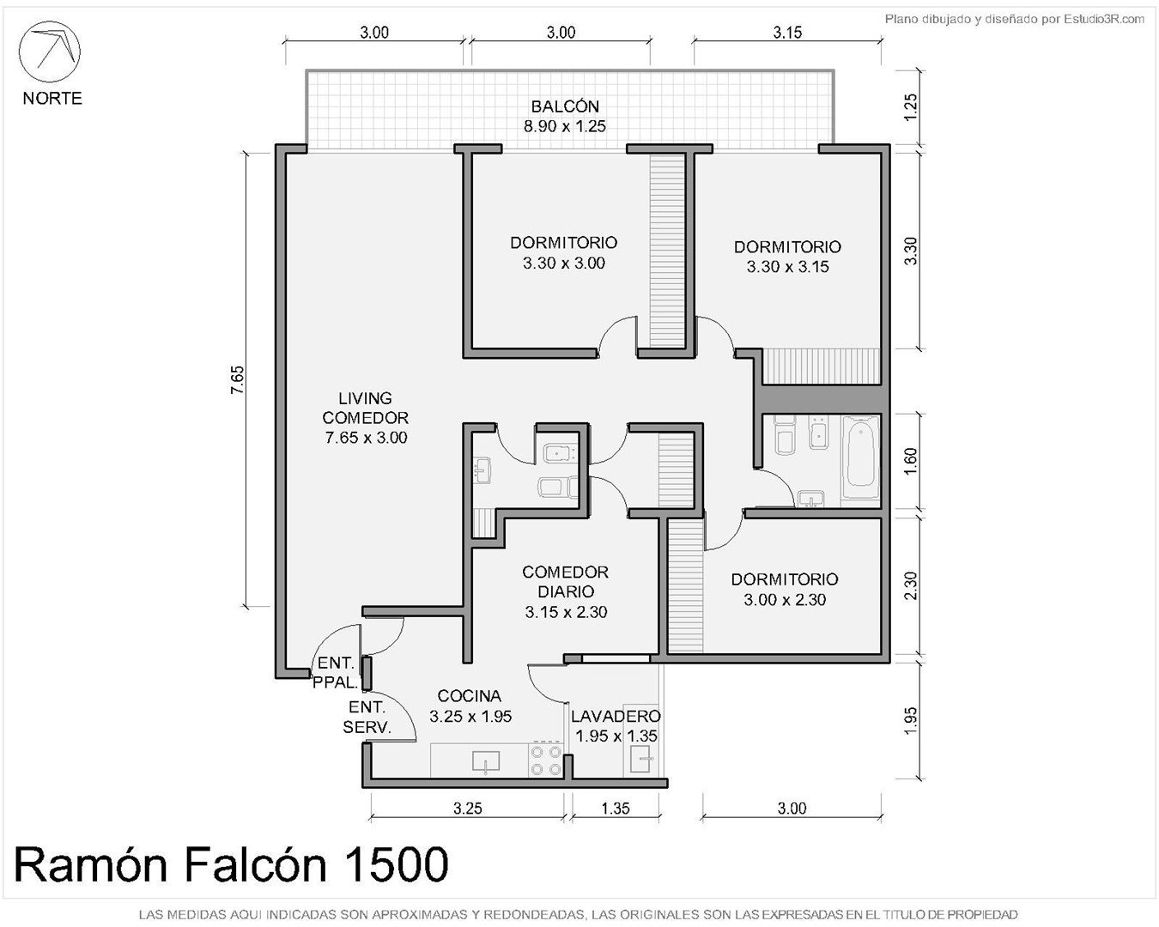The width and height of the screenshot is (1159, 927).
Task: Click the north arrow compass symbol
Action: point(50,51)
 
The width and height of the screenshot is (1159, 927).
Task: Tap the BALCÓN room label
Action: point(565,106)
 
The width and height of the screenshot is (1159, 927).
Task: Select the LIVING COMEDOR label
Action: point(365,408)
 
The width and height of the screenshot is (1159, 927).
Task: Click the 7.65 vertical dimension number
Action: point(238,379)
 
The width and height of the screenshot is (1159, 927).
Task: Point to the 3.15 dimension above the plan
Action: point(787,33)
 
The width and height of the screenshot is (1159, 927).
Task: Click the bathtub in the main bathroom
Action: point(860,457)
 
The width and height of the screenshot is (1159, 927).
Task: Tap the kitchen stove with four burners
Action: point(546,760)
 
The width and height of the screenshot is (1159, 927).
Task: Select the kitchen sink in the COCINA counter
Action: point(485,761)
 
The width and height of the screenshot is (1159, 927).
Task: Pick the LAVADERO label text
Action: point(616,716)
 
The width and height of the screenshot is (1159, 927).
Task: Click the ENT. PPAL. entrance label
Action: point(335,672)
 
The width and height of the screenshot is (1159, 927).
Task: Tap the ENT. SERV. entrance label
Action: point(367,717)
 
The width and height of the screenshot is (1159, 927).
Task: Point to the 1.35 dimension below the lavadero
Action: point(615,808)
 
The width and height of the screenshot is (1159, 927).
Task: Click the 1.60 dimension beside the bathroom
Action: point(910,462)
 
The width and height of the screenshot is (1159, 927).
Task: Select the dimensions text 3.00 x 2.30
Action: point(785,599)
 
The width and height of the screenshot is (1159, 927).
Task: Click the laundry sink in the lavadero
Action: point(641,759)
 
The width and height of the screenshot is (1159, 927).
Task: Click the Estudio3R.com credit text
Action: point(1103,20)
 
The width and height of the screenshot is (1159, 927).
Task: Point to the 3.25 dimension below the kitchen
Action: point(467,808)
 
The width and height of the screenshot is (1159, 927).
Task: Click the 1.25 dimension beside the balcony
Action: point(910,107)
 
